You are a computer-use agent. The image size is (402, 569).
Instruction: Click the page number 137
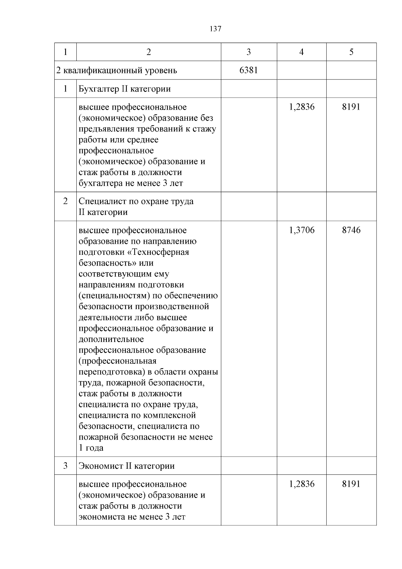tap(215, 29)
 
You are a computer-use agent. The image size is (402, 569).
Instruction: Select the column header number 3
tap(249, 52)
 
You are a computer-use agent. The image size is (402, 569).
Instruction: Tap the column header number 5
tap(351, 52)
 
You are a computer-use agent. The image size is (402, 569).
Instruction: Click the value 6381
tap(249, 70)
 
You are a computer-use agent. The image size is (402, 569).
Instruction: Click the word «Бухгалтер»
tap(97, 89)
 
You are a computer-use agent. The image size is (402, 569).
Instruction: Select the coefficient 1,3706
tap(301, 230)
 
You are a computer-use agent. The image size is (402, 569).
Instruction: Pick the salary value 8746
tap(351, 230)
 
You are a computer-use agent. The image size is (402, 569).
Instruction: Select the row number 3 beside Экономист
tap(65, 466)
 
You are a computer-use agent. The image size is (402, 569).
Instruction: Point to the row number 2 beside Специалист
tap(65, 201)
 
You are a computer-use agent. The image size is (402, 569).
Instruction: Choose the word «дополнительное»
tap(111, 339)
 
